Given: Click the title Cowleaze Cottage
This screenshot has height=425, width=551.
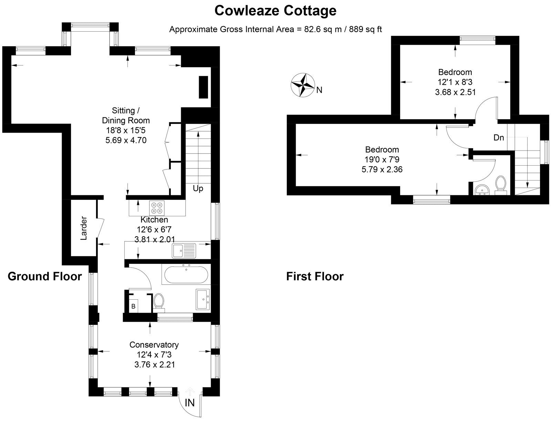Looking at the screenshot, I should [275, 11].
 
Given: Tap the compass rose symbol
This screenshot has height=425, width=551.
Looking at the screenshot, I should [302, 85].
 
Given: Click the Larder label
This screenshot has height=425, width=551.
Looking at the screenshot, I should [84, 228].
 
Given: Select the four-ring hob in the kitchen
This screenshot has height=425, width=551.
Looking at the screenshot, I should [157, 208].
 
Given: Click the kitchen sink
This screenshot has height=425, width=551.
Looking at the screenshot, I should [184, 251].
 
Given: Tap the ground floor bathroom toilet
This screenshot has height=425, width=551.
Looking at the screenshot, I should [159, 301].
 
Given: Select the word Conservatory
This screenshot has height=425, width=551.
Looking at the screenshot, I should [154, 345].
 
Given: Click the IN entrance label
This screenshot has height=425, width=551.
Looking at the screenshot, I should [190, 402].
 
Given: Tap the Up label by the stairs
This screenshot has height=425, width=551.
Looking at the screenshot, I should [198, 189].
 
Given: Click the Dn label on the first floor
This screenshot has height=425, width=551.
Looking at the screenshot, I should [499, 138].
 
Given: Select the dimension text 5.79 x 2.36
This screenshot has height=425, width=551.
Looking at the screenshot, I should [382, 169].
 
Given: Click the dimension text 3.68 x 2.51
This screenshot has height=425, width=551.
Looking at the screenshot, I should [455, 92].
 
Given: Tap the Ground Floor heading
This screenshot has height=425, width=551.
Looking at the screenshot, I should [45, 276].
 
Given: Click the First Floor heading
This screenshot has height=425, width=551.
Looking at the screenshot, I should [315, 276].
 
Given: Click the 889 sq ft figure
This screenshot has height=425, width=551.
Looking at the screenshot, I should [365, 29].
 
